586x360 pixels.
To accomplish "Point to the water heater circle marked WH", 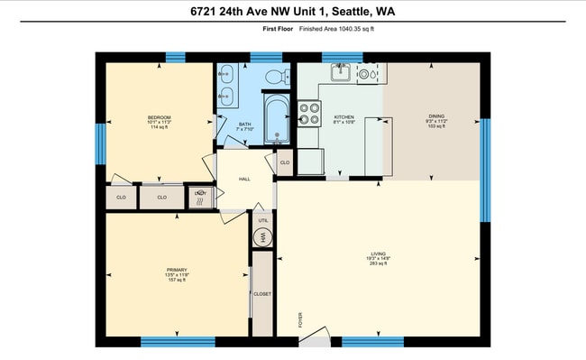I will coord(263,236).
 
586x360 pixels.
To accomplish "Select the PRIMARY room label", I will coord(176,270).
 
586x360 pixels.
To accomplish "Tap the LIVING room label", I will coord(379,254).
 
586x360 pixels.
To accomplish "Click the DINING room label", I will coord(436,118).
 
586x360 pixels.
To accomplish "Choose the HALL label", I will coord(243,179).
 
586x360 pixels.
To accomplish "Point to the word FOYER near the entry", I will coord(300,319).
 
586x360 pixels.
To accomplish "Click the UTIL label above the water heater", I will coord(263,220).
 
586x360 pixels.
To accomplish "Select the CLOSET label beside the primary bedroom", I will coord(262,294).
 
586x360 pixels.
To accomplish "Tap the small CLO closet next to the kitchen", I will coord(284,162).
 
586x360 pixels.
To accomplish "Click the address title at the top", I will coord(292,11).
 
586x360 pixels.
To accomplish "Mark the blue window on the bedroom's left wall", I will coord(101,143).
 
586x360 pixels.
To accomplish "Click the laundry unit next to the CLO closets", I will coord(200,197).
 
